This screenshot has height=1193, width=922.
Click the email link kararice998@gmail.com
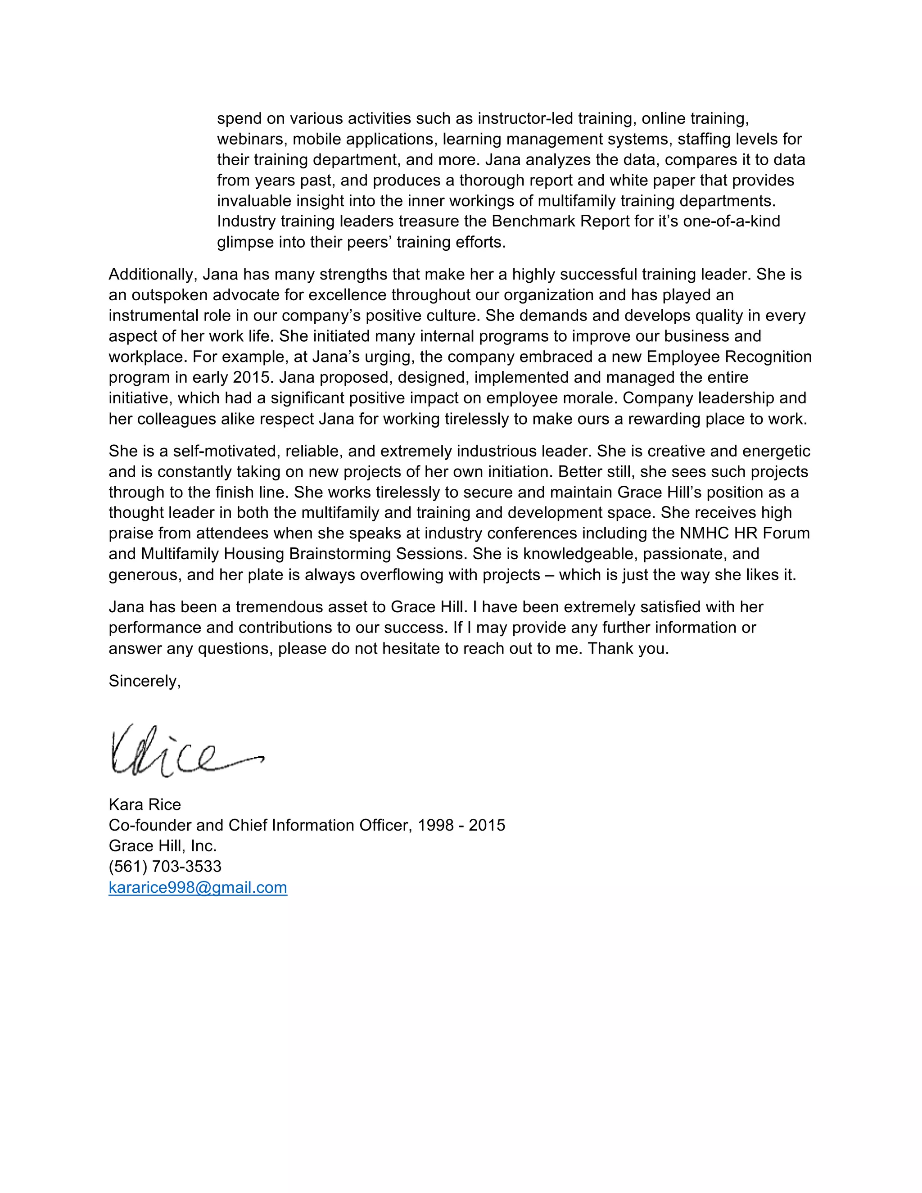[198, 887]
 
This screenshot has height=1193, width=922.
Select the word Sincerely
[143, 681]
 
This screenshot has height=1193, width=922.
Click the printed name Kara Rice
[145, 804]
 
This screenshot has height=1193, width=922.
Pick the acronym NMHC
[704, 533]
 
